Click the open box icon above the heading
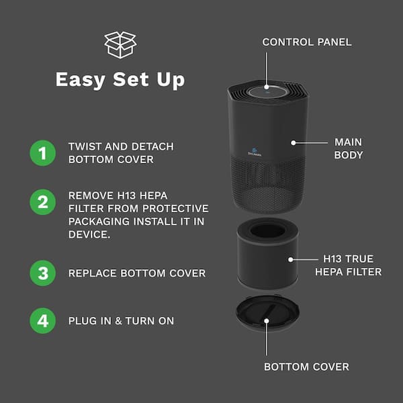[x=120, y=45]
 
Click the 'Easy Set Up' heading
[x=120, y=80]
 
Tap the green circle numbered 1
[x=43, y=153]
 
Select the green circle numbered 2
[x=43, y=202]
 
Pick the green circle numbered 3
[x=43, y=273]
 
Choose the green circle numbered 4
[x=43, y=320]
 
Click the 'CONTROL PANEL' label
[x=307, y=42]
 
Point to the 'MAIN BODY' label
[x=348, y=148]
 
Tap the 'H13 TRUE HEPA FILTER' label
[x=348, y=265]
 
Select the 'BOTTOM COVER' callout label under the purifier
[x=307, y=367]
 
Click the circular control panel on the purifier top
[x=267, y=91]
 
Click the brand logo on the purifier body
[x=255, y=152]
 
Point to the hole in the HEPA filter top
[x=267, y=230]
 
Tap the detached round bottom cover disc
[x=267, y=313]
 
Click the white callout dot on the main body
[x=294, y=143]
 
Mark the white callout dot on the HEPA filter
[x=290, y=259]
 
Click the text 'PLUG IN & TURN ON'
[x=121, y=321]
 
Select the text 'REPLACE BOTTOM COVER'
[x=137, y=273]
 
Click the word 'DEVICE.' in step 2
[x=89, y=234]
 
